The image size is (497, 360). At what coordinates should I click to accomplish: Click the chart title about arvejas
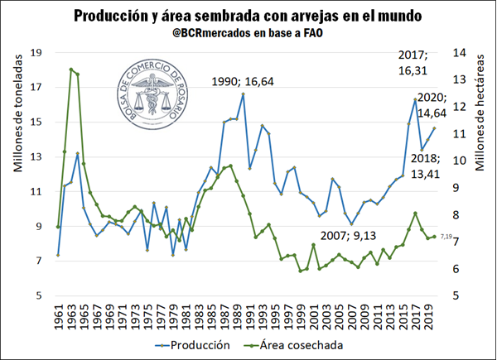tap(248, 16)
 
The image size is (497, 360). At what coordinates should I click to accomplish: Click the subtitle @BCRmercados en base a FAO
tap(248, 36)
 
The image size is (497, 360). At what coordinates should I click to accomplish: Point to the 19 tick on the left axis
tap(36, 53)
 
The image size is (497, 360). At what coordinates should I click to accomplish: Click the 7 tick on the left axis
tap(39, 262)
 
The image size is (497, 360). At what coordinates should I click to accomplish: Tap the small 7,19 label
tap(446, 238)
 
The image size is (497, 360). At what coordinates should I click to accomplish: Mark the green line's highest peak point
tap(71, 70)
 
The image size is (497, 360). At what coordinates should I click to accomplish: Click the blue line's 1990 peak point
tap(243, 94)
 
